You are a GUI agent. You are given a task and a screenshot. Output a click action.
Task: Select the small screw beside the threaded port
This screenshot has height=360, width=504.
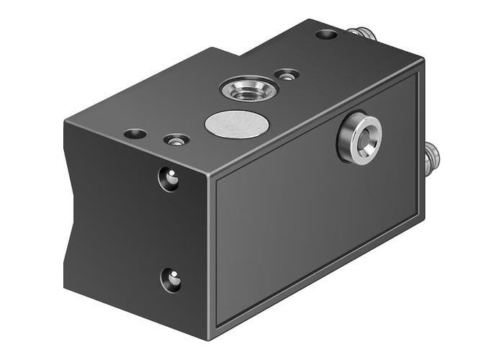click(x=288, y=74)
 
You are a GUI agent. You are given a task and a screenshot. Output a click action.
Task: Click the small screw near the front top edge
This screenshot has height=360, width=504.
click(x=176, y=140)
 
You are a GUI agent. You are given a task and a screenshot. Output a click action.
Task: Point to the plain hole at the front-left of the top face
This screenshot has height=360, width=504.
click(x=135, y=133)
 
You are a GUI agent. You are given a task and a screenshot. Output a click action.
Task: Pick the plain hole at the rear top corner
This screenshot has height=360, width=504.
click(x=325, y=34)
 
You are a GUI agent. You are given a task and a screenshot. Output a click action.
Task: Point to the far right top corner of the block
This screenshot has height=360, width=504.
click(x=423, y=61)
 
